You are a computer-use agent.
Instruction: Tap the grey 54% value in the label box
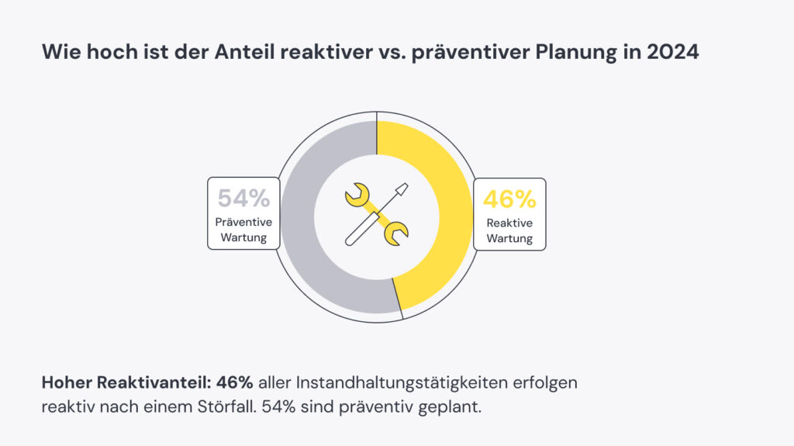[243, 199]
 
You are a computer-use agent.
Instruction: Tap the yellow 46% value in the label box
[509, 199]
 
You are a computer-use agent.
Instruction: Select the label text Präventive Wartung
[243, 230]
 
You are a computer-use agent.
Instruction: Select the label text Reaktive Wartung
[509, 230]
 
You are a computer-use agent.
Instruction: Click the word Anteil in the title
[217, 53]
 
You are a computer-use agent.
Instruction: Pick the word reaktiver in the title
[295, 53]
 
